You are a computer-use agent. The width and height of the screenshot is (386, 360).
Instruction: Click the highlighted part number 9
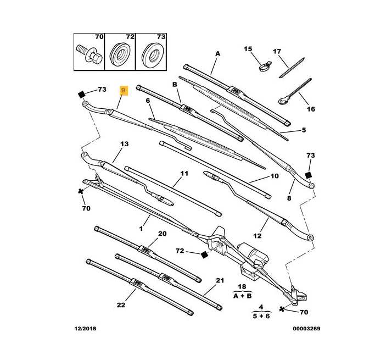(124, 91)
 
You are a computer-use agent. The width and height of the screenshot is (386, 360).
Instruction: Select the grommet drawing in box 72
(119, 54)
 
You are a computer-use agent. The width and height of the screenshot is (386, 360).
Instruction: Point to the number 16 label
(311, 109)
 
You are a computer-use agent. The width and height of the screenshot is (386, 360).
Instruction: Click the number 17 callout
(277, 52)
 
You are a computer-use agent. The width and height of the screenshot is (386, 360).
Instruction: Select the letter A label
(217, 53)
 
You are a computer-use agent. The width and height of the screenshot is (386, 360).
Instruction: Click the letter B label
(175, 84)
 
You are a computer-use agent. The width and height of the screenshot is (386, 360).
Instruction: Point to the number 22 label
(121, 305)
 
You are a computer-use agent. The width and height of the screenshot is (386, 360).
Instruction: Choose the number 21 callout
(220, 281)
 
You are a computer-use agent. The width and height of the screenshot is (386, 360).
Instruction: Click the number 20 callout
(162, 234)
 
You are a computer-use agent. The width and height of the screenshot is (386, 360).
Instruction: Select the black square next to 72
(204, 254)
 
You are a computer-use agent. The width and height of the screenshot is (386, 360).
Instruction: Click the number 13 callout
(124, 144)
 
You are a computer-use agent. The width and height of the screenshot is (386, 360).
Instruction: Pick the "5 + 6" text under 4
(261, 317)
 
